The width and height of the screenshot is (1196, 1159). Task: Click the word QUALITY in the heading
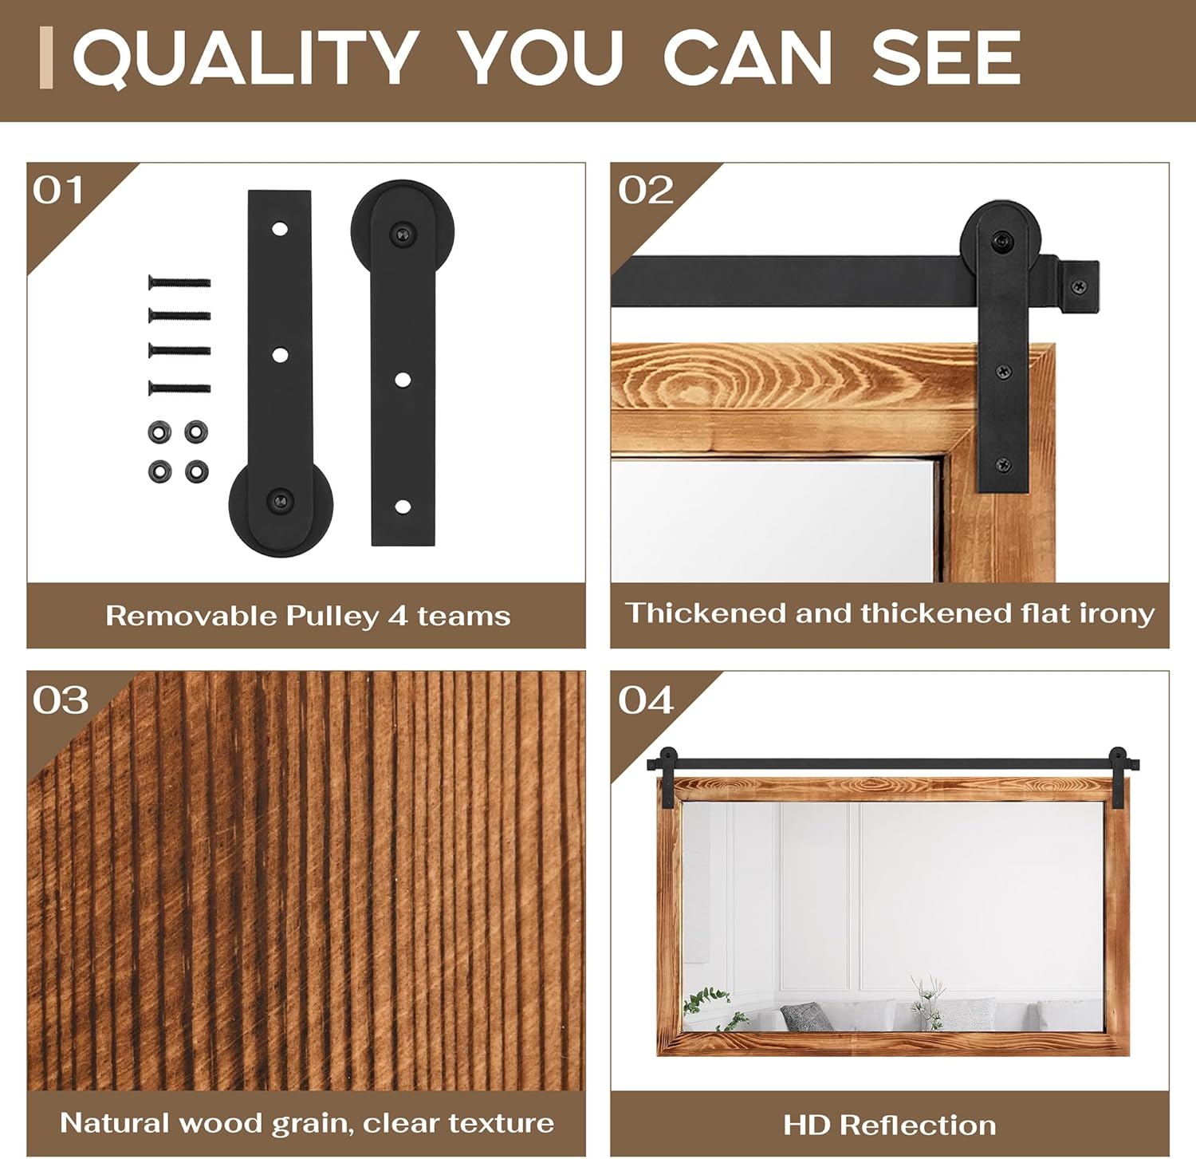coord(246,57)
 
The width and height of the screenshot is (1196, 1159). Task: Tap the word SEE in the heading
coord(946,57)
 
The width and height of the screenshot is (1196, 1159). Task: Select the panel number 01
coord(58,191)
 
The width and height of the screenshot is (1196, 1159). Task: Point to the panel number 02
coord(646,191)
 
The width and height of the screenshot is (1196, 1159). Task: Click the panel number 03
coord(61,700)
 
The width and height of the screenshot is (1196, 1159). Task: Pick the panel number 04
coord(646,700)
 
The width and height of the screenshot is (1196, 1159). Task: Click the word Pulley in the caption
coord(332,617)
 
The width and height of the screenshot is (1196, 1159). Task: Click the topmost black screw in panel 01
coord(179,282)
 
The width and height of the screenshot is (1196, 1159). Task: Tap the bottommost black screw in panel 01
coord(179,388)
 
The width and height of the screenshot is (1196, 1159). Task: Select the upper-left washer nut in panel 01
coord(159,432)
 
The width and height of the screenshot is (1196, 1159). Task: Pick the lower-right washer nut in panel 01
coord(197,471)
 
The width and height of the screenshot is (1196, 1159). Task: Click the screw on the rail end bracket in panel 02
coord(1079,286)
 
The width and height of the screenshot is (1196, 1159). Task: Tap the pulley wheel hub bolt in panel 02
coord(1001,240)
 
